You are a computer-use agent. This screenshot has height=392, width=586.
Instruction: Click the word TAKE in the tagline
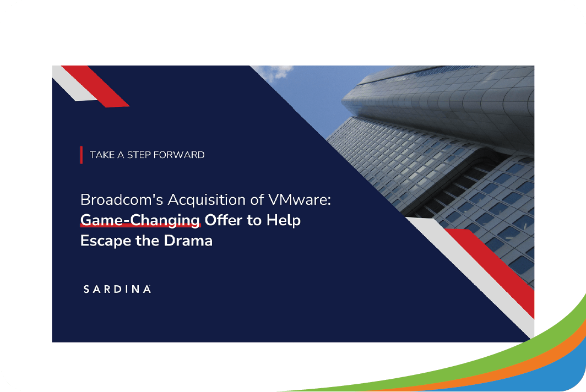point(102,155)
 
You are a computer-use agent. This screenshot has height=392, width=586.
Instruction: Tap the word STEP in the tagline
point(139,155)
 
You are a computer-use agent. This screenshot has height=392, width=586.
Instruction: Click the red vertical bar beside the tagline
point(81,155)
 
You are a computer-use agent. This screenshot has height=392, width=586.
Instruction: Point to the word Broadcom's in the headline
point(122,199)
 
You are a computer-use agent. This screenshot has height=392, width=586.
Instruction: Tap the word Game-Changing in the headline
point(140,220)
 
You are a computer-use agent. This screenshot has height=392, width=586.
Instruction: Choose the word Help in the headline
point(284,220)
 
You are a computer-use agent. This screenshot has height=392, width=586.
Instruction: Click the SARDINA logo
point(117,289)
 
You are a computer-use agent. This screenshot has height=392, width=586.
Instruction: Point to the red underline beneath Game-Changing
point(140,225)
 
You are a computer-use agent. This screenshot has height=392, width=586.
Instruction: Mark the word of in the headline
point(257,199)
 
